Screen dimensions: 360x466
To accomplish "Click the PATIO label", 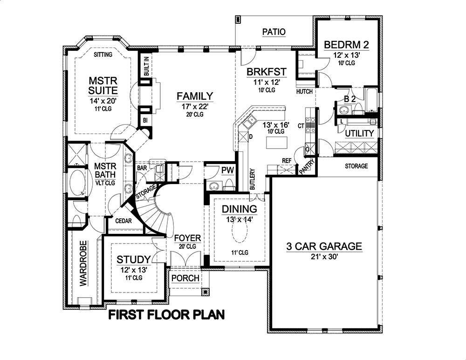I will [x=273, y=32].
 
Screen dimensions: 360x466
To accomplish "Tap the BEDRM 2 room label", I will [x=346, y=45].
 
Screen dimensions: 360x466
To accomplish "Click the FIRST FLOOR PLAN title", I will [x=166, y=315].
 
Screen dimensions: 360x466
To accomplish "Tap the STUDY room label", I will [x=133, y=259].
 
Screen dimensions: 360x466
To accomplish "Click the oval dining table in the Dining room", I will [x=240, y=233].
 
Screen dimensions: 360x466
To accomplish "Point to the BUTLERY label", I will [x=252, y=178].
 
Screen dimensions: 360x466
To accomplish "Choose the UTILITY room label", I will [x=359, y=134].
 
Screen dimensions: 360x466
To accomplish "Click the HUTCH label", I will [x=304, y=92].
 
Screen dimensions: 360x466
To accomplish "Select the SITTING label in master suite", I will [x=103, y=54].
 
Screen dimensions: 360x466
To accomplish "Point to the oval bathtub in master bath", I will [x=77, y=184].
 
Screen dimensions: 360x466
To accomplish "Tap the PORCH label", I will [x=185, y=278].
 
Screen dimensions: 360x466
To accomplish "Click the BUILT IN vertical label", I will [x=146, y=66].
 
